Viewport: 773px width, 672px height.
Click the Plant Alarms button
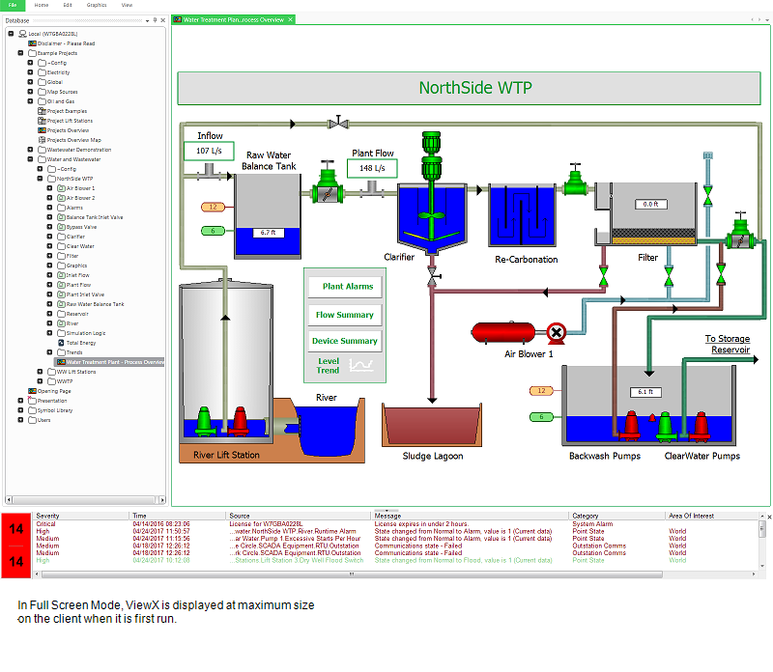pos(347,287)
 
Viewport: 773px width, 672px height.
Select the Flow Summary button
pos(345,315)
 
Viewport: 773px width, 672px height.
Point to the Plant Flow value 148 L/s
pos(372,169)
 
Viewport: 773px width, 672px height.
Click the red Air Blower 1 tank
pos(503,332)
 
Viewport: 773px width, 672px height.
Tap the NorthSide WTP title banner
pos(475,88)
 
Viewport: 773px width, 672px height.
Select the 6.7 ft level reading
pos(268,233)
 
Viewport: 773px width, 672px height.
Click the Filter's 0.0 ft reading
pos(648,204)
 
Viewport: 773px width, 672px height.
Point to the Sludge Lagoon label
pos(433,456)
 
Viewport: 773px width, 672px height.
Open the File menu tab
pos(13,5)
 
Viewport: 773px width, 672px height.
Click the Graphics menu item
pos(97,5)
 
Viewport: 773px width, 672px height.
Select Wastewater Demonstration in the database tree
pos(79,150)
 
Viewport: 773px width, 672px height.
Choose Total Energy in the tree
pos(81,343)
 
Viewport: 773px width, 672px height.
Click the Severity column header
pos(47,516)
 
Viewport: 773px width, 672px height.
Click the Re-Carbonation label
pos(526,259)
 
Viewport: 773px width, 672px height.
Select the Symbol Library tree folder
pos(55,410)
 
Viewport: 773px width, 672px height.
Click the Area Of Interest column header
pos(690,516)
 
